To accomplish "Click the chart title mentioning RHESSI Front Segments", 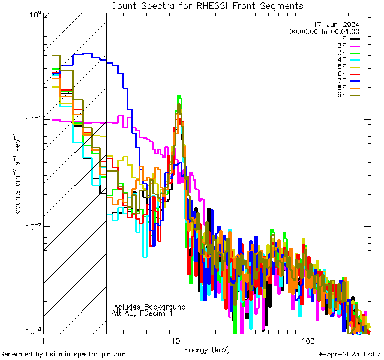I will point(207,6).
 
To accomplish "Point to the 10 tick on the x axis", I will point(175,340).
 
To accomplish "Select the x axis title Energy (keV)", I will point(207,349).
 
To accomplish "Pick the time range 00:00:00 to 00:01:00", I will point(324,31).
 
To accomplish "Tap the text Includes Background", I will point(149,307).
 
